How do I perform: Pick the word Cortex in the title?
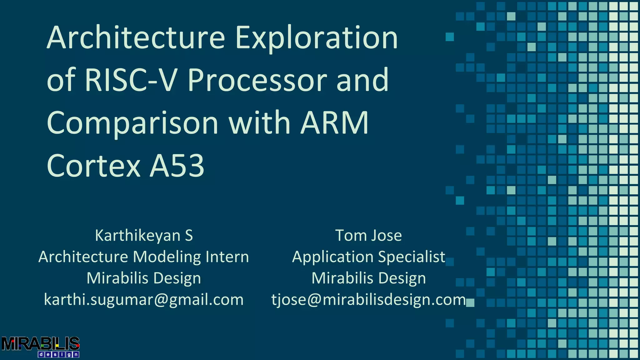point(94,166)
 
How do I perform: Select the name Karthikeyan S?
point(144,235)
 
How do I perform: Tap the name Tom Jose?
point(368,235)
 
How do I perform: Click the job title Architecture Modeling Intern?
point(144,257)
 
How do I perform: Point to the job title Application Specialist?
point(368,257)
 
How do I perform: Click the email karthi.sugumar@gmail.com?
point(144,300)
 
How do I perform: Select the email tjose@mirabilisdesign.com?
point(368,300)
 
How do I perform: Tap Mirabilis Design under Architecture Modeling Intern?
point(144,278)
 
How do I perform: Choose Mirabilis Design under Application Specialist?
point(368,278)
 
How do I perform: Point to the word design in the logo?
point(58,354)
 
